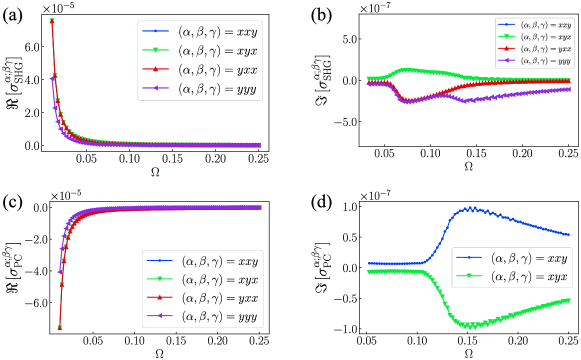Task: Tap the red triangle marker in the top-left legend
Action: (x=155, y=70)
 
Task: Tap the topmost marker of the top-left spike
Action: (x=51, y=20)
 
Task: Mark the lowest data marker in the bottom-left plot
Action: (x=59, y=327)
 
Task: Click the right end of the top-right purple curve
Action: (x=570, y=89)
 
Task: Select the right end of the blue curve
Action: (x=570, y=235)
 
